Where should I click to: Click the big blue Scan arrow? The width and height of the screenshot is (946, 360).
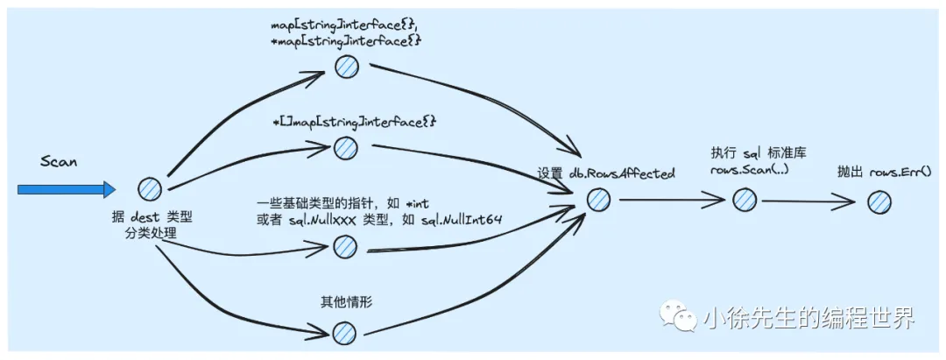[x=66, y=189]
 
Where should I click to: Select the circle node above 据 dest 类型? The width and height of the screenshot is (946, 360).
[x=151, y=188]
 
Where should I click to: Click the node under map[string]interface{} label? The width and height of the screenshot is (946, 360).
[x=347, y=67]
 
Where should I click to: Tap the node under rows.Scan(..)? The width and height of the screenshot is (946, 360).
[x=744, y=200]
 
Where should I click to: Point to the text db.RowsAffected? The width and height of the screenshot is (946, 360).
[x=622, y=173]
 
